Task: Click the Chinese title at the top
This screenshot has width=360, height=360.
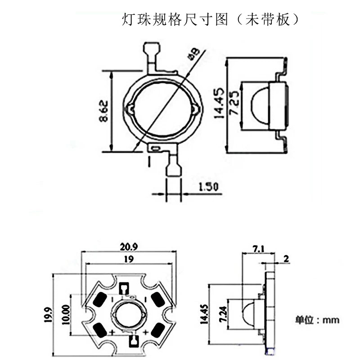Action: (x=211, y=20)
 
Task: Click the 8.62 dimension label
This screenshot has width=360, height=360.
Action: (x=103, y=111)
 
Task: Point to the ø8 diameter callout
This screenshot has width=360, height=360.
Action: (x=193, y=54)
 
